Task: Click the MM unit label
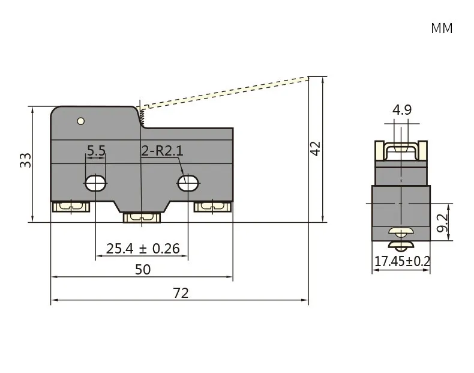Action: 442,28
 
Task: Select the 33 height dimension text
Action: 25,160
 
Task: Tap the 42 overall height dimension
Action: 315,148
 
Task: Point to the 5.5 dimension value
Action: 96,150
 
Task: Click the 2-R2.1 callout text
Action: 163,150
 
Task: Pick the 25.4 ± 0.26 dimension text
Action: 143,248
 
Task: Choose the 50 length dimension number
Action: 142,269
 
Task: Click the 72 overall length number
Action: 181,293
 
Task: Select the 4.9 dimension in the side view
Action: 402,109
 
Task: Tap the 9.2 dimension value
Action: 442,223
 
